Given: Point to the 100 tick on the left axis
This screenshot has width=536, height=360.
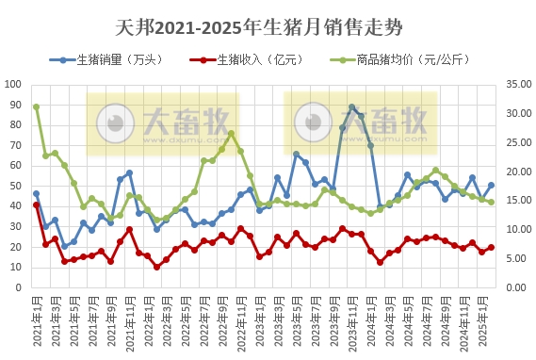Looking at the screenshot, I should tap(14, 84).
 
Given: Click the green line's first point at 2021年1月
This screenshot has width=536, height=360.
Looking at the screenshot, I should tap(36, 106).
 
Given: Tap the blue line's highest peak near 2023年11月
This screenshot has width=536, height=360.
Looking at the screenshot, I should tap(351, 107).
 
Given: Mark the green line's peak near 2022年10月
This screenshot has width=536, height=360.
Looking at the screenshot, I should tap(231, 133).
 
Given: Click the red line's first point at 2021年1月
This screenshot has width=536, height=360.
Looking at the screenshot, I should tap(36, 205).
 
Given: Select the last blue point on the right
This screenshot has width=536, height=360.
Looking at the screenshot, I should tap(491, 185).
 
